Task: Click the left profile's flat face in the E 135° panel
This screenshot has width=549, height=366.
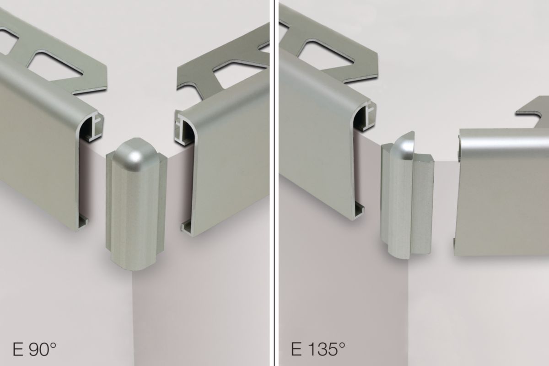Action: [316, 128]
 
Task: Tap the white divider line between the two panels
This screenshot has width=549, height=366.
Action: [274, 183]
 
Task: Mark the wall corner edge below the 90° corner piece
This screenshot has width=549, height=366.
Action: [133, 320]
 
